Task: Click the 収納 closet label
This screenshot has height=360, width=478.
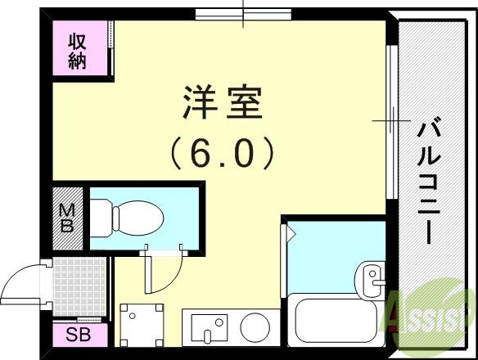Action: [x=77, y=51]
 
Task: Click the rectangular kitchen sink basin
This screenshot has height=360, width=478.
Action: [x=209, y=327]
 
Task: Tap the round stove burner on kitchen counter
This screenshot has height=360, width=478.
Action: [x=255, y=326]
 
